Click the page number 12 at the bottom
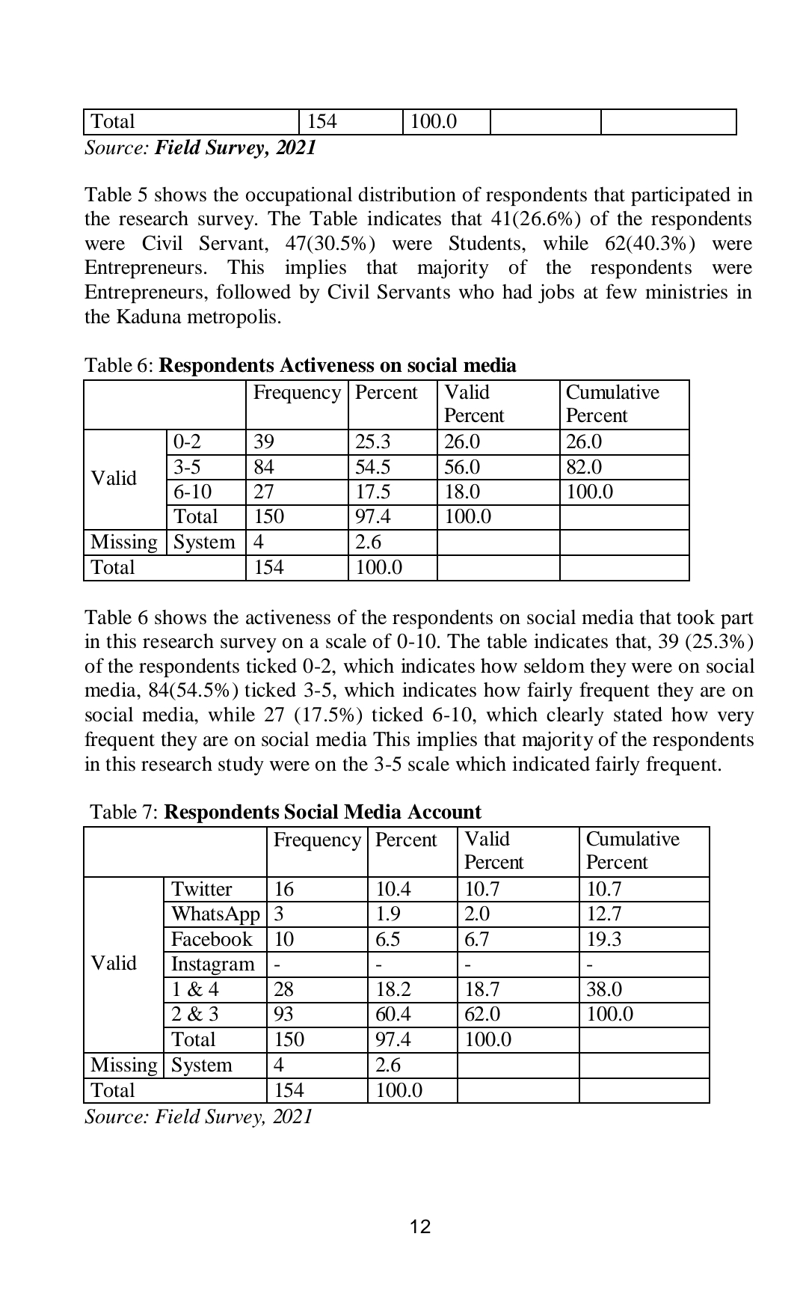tap(420, 1226)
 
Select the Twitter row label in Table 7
tap(201, 889)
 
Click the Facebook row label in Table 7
tap(212, 939)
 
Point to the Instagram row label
tap(212, 964)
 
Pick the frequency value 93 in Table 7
tap(284, 1014)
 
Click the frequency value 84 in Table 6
tap(264, 467)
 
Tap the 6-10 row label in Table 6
tap(192, 492)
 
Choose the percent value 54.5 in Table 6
tap(372, 467)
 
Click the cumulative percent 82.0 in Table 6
tap(584, 467)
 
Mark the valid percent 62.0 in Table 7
tap(482, 1014)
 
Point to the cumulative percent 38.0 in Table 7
tap(604, 989)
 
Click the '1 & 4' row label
tap(195, 989)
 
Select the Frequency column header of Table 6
tap(297, 393)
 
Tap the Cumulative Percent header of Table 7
tap(633, 850)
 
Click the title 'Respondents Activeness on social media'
tap(338, 365)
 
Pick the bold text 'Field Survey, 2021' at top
tap(236, 147)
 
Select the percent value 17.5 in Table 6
tap(372, 492)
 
